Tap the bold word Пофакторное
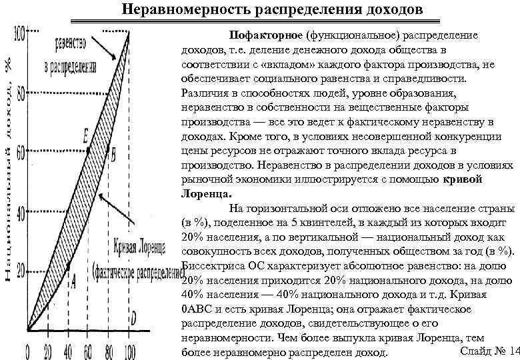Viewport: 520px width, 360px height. [265, 34]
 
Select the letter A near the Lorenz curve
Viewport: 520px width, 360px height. [73, 283]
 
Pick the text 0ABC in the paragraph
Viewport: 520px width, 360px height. [197, 309]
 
